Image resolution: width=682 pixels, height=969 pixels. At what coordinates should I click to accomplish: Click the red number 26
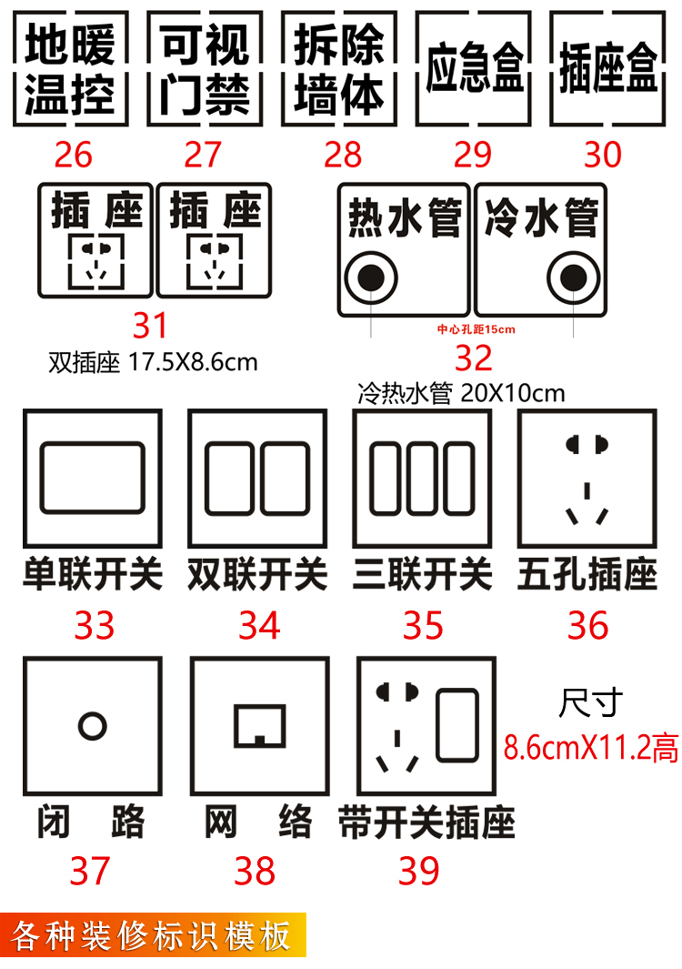click(73, 155)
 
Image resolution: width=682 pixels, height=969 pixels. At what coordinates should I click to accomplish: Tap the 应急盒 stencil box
click(473, 68)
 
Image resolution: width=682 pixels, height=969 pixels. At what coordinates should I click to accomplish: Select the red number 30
click(603, 155)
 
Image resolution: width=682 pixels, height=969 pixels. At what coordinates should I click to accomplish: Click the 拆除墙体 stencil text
click(338, 69)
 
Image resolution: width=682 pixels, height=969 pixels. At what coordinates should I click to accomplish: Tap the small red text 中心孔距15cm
click(476, 329)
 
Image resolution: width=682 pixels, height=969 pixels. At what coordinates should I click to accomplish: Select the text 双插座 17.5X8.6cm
click(153, 363)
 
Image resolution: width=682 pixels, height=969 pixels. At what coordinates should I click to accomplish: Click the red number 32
click(473, 358)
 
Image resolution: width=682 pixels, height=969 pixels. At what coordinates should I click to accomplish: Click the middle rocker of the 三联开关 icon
click(423, 479)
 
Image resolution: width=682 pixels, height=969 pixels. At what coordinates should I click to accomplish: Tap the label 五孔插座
click(587, 575)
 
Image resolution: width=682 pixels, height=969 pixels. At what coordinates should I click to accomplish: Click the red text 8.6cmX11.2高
click(591, 747)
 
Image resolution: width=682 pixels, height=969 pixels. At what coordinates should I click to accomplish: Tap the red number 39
click(419, 872)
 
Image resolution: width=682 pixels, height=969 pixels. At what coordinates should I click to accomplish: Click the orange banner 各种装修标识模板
click(153, 935)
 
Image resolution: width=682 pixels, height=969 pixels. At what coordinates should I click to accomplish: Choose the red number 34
click(259, 625)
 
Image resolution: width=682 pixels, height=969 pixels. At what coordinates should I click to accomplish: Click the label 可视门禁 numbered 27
click(205, 69)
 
